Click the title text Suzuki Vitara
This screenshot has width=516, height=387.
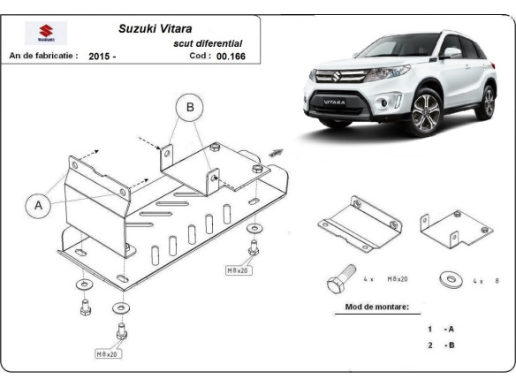(155, 27)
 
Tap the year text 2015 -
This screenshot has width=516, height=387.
(102, 56)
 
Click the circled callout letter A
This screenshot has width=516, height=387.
(38, 206)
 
